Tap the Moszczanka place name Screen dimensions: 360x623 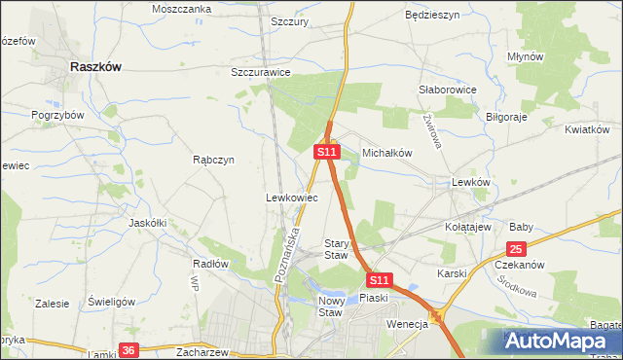coord(182,9)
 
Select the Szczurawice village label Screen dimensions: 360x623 coord(261,72)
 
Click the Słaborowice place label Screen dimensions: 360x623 coord(447,90)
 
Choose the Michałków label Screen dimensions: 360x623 coord(388,154)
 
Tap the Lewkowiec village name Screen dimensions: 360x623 coord(292,198)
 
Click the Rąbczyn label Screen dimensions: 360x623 coord(213,161)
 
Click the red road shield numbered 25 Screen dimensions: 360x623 coord(516,249)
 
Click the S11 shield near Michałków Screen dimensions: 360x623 coord(326,152)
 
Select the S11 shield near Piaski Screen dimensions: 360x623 coord(380,278)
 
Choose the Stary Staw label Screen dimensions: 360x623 coord(336,248)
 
